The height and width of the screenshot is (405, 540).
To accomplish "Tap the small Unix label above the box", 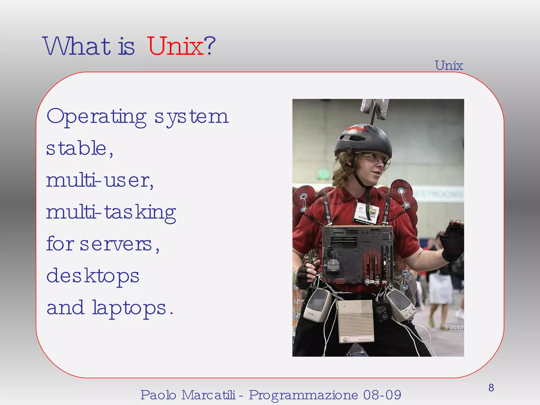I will (449, 65).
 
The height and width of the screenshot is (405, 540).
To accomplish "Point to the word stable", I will (76, 148).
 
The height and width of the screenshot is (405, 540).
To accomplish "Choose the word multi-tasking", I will (111, 213).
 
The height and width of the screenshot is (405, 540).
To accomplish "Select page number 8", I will (491, 388).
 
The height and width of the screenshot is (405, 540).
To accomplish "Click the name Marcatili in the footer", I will (208, 395).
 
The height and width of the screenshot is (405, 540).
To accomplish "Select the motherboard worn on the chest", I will (358, 254).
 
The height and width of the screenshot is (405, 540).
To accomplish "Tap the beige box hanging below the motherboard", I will (355, 320).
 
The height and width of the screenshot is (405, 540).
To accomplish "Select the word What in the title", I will (76, 46).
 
